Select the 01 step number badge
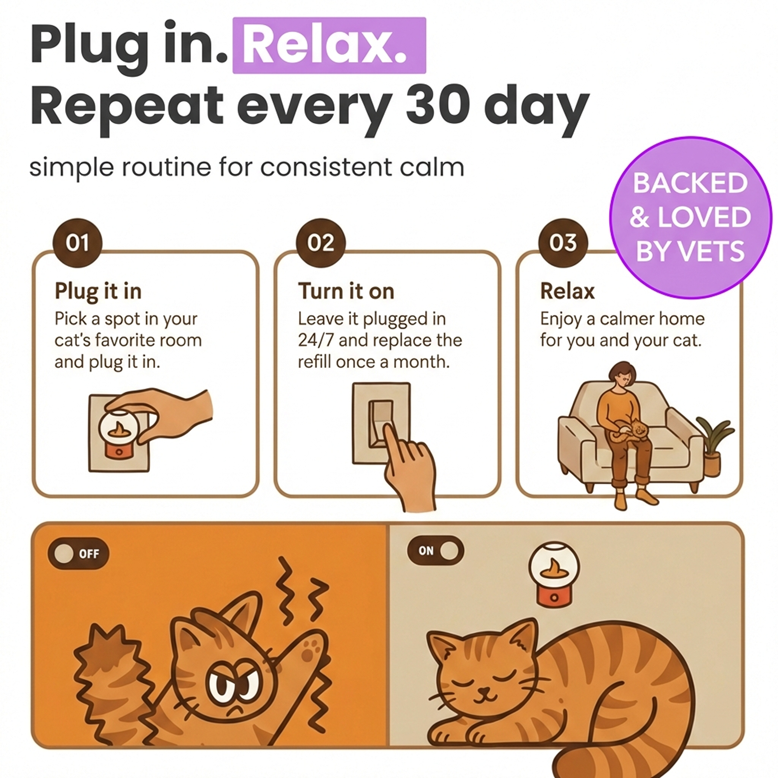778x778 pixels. pos(77,243)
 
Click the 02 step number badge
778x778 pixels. pos(321,243)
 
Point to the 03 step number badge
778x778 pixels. pos(563,243)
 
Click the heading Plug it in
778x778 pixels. pos(98,291)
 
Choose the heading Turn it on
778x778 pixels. pos(346,291)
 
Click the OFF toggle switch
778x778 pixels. pos(78,554)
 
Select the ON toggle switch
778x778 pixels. pos(435,551)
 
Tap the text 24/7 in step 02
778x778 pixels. pos(314,340)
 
